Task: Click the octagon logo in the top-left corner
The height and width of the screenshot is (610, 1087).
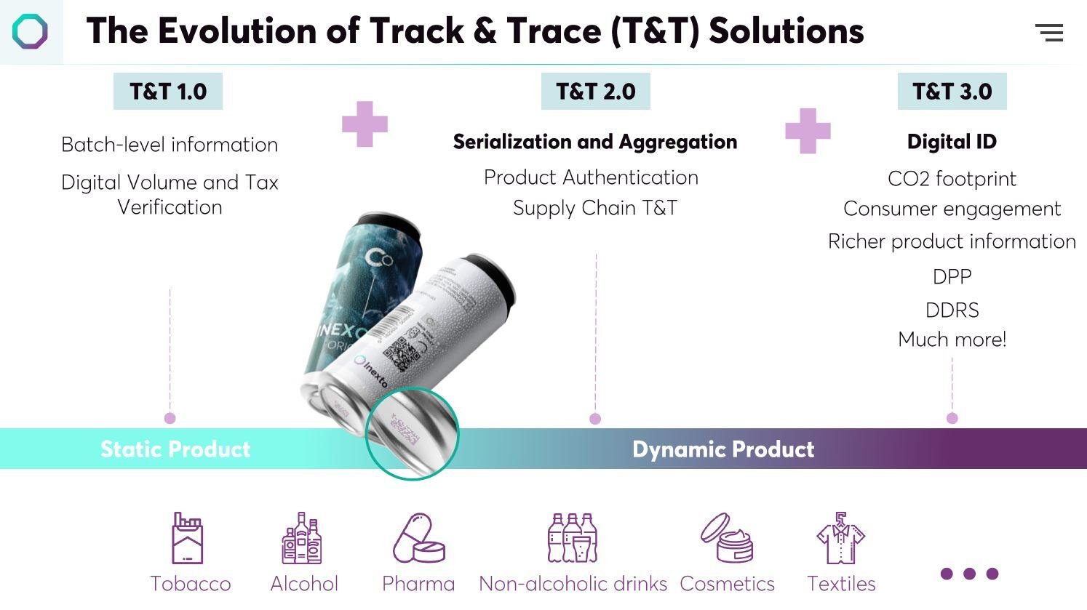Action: point(30,33)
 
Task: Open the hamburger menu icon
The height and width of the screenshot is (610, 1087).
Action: point(1049,33)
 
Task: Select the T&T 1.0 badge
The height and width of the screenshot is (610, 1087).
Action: point(168,92)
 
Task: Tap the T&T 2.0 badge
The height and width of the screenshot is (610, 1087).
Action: point(595,92)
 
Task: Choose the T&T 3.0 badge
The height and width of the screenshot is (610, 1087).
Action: point(952,92)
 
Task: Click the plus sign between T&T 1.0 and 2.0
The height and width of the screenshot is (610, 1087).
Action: point(365,124)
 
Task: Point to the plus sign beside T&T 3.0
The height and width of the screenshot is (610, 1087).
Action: point(808,131)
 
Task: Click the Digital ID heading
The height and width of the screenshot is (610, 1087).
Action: point(952,142)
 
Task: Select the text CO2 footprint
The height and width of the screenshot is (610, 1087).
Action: point(952,179)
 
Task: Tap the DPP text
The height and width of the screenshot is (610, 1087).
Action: point(952,277)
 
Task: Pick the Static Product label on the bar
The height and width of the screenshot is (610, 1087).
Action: point(175,449)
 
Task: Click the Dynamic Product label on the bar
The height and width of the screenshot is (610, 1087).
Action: point(723,449)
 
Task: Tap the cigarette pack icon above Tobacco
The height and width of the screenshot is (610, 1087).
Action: point(188,539)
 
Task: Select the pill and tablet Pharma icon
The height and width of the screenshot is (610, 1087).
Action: point(418,539)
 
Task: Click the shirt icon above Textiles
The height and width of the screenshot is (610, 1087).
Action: point(840,539)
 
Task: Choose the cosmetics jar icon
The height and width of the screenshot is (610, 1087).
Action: point(727,539)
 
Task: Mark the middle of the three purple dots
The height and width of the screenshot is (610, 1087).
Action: point(969,574)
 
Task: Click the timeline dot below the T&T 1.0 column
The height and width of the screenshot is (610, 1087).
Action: point(170,418)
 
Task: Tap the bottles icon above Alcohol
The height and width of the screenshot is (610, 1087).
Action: point(302,539)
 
